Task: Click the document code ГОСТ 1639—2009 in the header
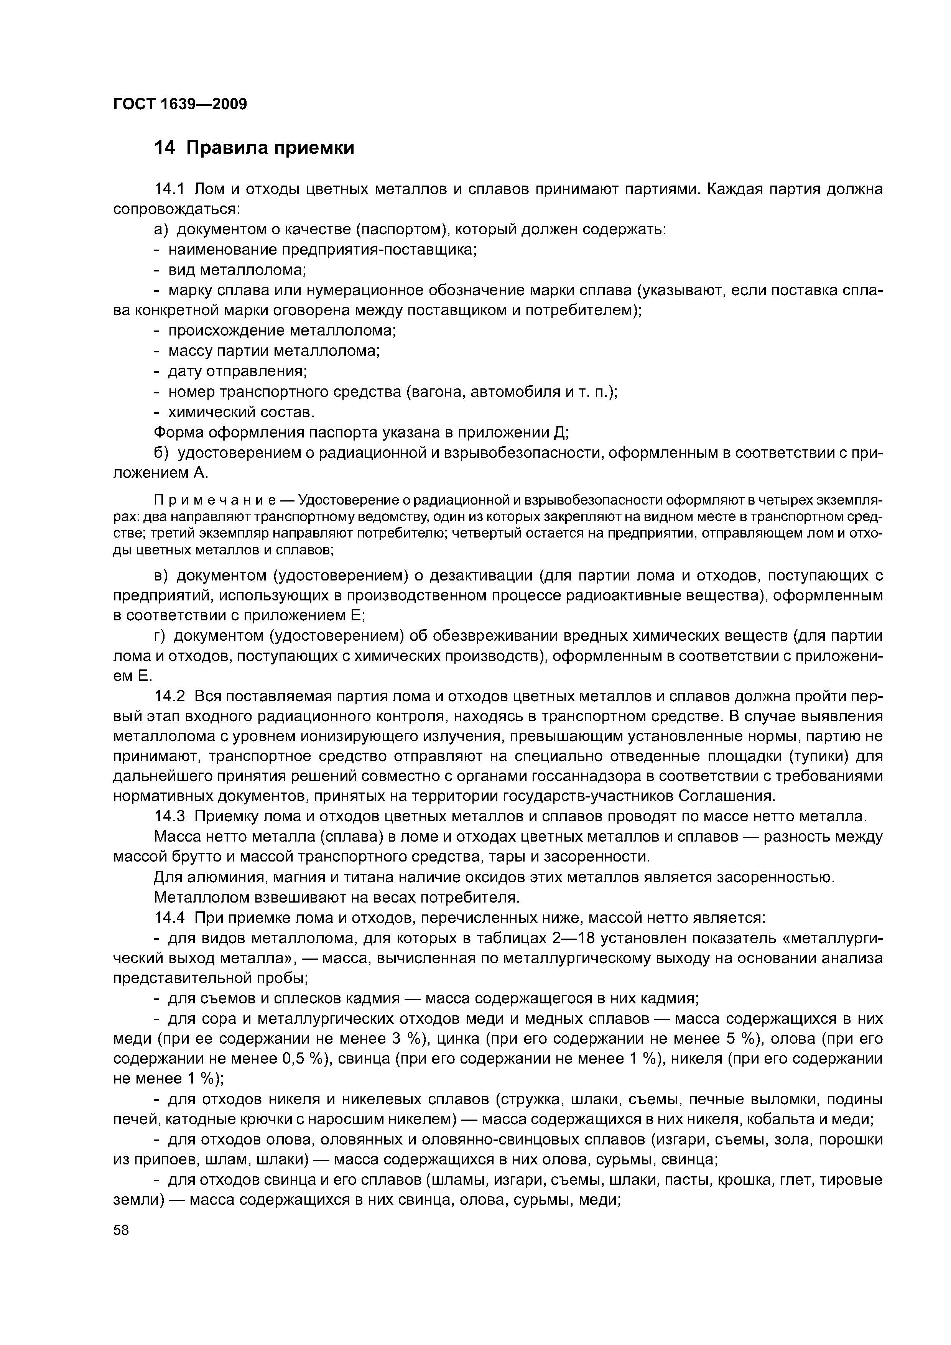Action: click(x=180, y=104)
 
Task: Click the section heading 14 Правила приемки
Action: click(x=254, y=148)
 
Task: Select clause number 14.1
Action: click(x=169, y=189)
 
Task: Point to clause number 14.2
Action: click(x=169, y=697)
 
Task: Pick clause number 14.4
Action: click(x=169, y=917)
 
